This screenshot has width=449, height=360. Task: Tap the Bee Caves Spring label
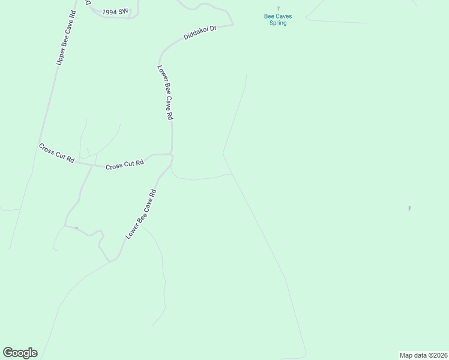coord(278,20)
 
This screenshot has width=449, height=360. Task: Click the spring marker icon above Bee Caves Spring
coord(278,8)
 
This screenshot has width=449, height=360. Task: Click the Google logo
coord(20,353)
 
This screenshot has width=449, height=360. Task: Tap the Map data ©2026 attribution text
coord(423,355)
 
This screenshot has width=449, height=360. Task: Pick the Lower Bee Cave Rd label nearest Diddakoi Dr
coord(166,93)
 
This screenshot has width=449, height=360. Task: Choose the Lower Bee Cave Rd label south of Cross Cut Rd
coord(141,215)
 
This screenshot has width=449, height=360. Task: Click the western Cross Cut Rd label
coord(56,153)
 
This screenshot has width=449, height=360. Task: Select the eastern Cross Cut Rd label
coord(125,164)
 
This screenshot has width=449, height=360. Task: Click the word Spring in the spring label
coord(278,23)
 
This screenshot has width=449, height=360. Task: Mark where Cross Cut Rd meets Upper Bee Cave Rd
coord(40,142)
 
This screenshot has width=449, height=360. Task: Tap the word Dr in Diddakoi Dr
coord(212,29)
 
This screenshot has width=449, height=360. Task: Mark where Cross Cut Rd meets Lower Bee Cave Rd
coord(172,155)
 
